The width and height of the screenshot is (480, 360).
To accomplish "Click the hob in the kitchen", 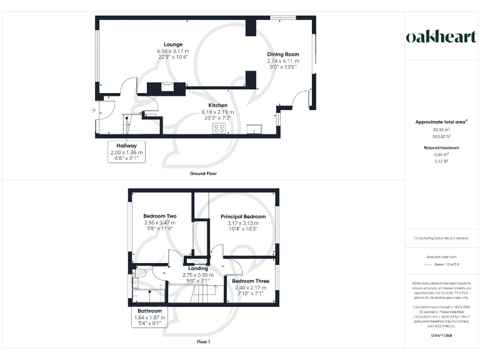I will pyautogui.click(x=219, y=128).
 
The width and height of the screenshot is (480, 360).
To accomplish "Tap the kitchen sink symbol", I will pyautogui.click(x=254, y=129).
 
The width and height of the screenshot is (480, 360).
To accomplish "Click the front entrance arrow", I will pyautogui.click(x=92, y=111).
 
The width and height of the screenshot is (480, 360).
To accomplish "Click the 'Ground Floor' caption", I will pyautogui.click(x=203, y=173).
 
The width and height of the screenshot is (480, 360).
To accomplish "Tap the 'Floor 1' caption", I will pyautogui.click(x=203, y=342).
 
